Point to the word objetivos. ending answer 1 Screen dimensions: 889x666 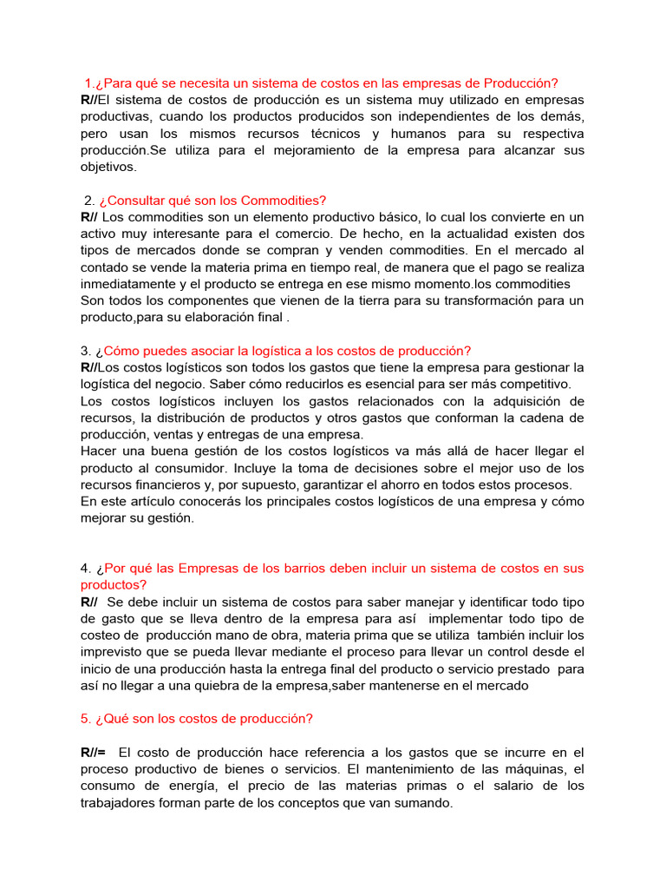click(108, 167)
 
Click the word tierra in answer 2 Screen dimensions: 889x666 click(350, 300)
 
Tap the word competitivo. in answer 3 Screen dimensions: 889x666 click(534, 384)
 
